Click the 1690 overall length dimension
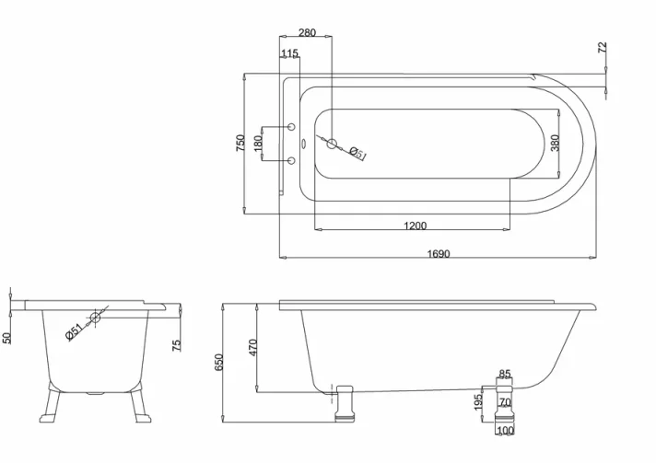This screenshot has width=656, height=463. (439, 253)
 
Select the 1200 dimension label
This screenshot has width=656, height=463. (415, 226)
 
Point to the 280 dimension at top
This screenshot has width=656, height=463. (307, 32)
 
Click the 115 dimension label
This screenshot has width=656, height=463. (289, 54)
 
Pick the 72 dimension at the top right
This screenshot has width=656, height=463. (603, 48)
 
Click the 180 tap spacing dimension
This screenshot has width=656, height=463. (259, 144)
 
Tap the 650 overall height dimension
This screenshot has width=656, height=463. (219, 363)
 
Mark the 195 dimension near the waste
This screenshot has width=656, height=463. (478, 402)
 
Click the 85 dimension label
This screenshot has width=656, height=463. (505, 374)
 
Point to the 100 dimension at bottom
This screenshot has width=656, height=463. (505, 430)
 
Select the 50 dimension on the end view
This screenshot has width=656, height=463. (7, 338)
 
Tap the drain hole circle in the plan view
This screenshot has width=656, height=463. (334, 144)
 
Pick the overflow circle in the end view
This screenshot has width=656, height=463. (95, 318)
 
